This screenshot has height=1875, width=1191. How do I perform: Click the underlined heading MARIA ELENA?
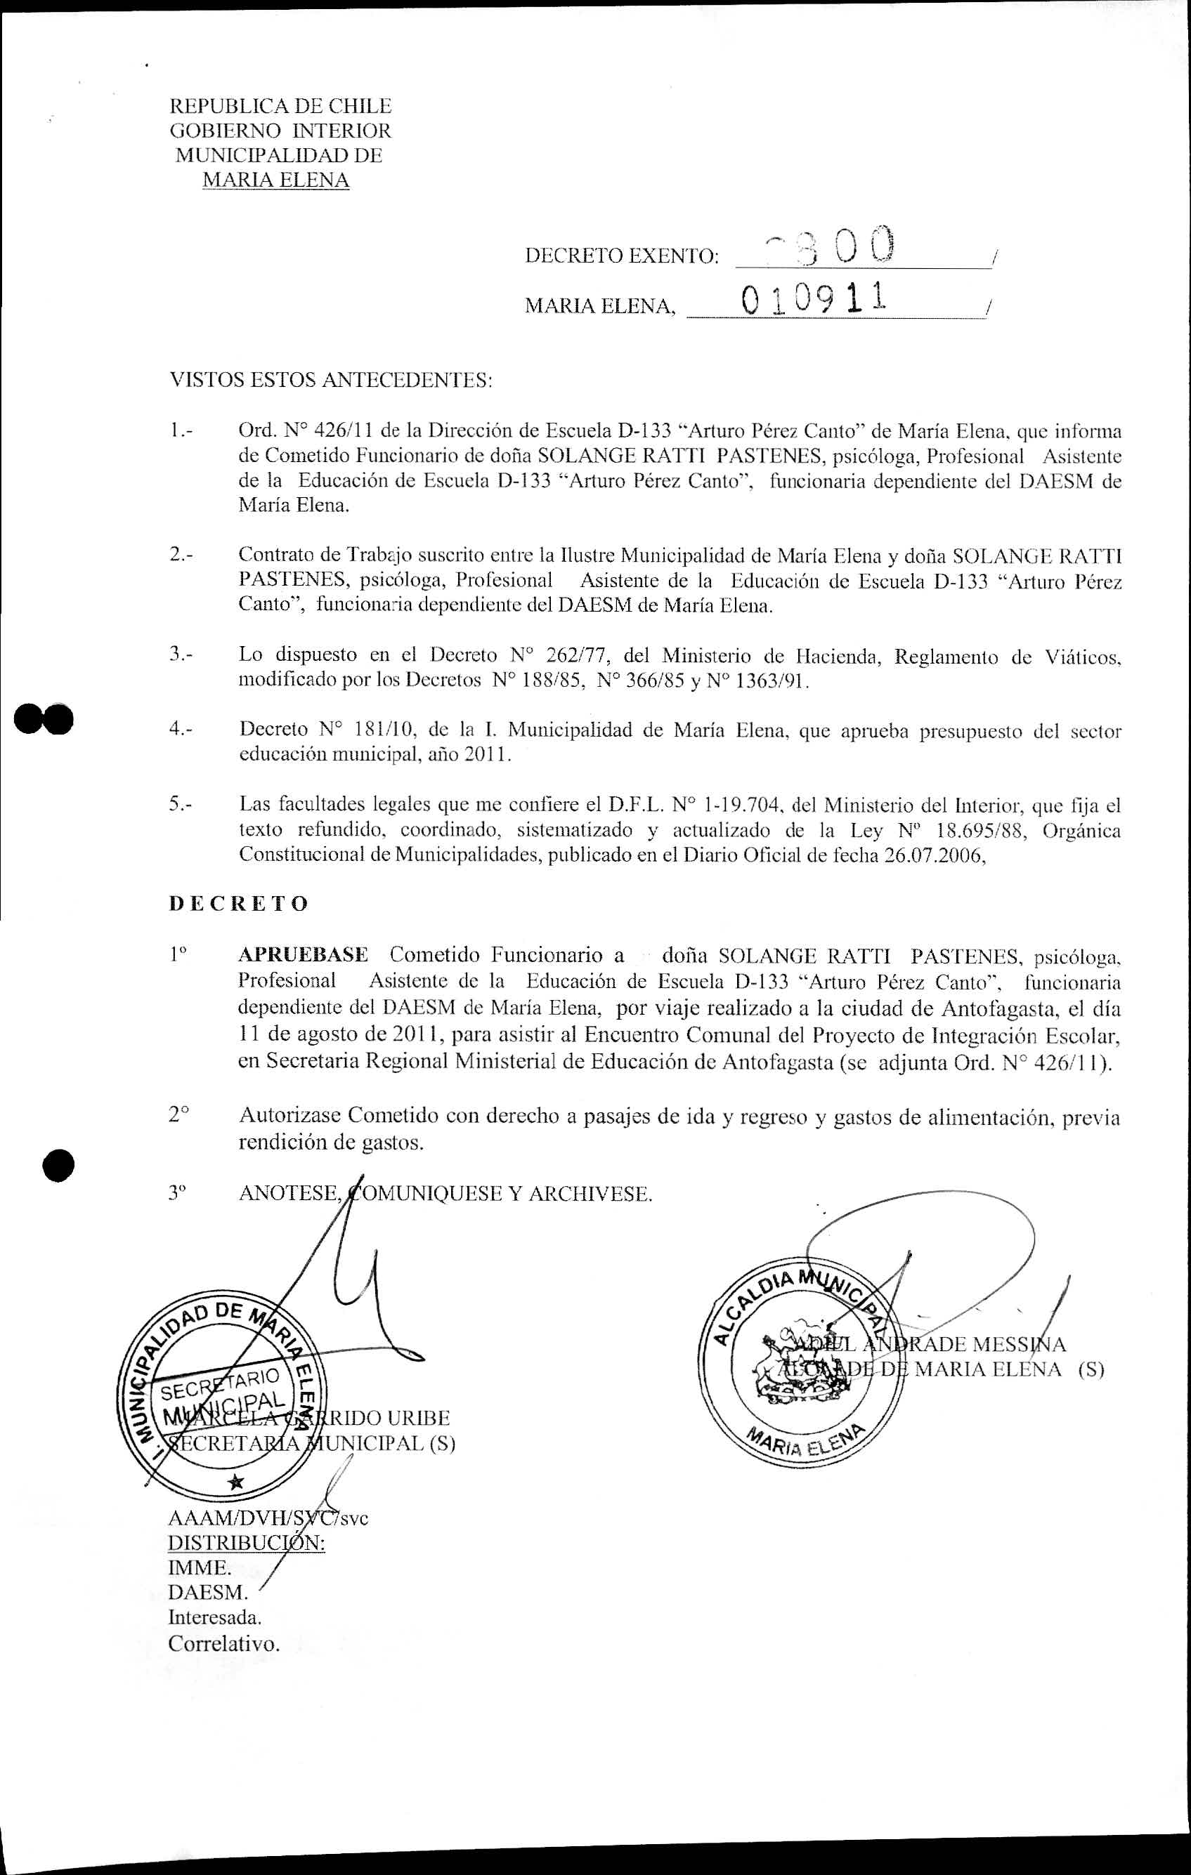click(275, 180)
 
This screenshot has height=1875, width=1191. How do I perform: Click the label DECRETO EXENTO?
click(622, 256)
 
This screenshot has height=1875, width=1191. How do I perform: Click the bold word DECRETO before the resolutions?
click(238, 903)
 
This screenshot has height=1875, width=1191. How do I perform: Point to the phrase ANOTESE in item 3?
click(289, 1194)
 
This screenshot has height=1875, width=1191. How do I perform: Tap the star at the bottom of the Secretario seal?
click(235, 1482)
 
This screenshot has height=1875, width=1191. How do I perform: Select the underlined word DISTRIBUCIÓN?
click(246, 1543)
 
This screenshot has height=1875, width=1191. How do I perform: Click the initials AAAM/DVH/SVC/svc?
click(268, 1518)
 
